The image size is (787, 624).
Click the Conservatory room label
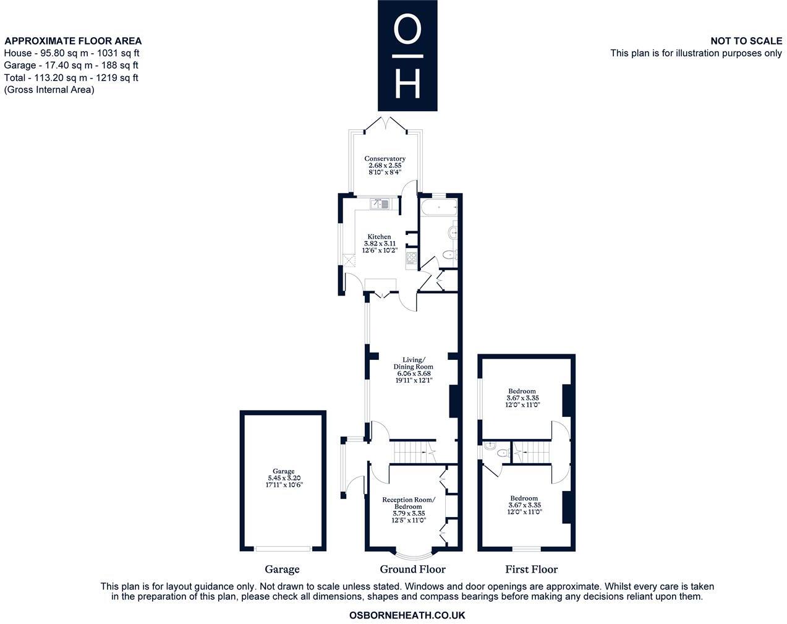pyautogui.click(x=385, y=159)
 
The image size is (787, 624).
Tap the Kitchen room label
pyautogui.click(x=379, y=237)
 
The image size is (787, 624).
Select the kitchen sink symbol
pyautogui.click(x=380, y=202)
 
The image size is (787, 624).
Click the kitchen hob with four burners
pyautogui.click(x=411, y=258)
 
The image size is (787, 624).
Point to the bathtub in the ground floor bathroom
pyautogui.click(x=438, y=206)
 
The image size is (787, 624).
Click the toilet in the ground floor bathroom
pyautogui.click(x=450, y=255)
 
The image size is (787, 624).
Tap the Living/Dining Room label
pyautogui.click(x=414, y=360)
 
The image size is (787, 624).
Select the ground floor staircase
pyautogui.click(x=411, y=452)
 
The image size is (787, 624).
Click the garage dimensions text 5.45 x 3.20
pyautogui.click(x=284, y=478)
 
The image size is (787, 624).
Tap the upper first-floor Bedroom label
pyautogui.click(x=522, y=391)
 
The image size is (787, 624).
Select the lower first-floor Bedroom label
pyautogui.click(x=524, y=498)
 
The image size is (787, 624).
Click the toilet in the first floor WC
pyautogui.click(x=503, y=453)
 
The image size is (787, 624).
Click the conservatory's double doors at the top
pyautogui.click(x=385, y=124)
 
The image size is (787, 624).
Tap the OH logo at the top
pyautogui.click(x=407, y=56)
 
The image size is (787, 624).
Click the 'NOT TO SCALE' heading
pyautogui.click(x=746, y=41)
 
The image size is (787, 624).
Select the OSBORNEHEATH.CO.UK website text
pyautogui.click(x=407, y=615)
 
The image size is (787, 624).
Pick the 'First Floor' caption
pyautogui.click(x=531, y=570)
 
